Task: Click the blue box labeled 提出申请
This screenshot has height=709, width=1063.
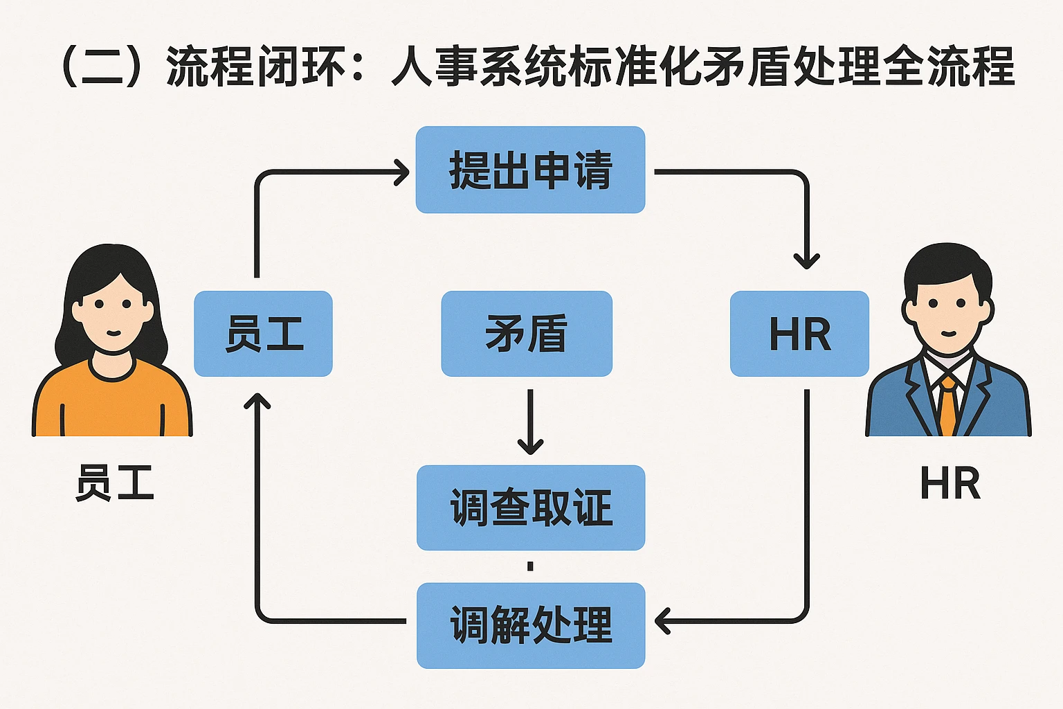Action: pos(530,170)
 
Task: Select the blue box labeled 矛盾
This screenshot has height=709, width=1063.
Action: pos(527,334)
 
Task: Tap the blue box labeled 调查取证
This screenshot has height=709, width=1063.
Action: pos(531,508)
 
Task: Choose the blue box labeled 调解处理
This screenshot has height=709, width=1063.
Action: pos(531,625)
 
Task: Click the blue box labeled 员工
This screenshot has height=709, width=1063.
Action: pos(263,334)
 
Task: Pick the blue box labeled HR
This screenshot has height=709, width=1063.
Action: pos(799,334)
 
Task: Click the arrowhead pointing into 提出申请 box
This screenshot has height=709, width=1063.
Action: pos(402,172)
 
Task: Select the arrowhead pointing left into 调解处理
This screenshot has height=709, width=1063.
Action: pos(662,621)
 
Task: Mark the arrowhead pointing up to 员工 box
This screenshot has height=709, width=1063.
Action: pos(257,401)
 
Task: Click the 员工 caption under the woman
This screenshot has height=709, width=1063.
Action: pos(115,483)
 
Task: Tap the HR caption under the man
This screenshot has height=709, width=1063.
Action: pos(950,483)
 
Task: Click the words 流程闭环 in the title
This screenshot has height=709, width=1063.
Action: pos(255,67)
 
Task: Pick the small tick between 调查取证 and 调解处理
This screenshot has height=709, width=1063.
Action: pos(530,566)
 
